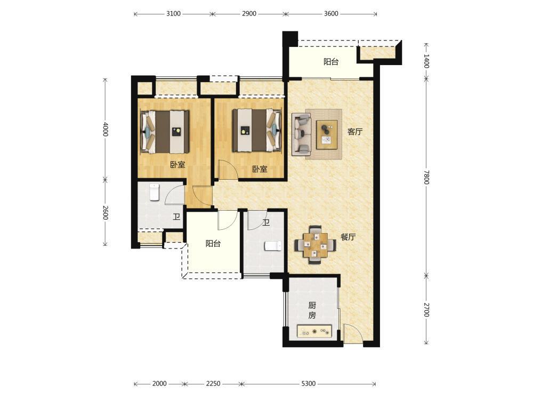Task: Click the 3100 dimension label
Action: tap(173, 14)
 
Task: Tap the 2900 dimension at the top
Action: tap(249, 14)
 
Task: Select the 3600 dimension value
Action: tap(331, 14)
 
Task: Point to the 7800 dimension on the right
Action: tap(426, 177)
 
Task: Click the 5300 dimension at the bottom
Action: tap(308, 383)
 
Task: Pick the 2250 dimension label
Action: tap(213, 383)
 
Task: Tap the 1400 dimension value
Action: tap(426, 61)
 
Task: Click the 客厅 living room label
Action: tap(355, 132)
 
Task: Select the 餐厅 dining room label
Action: tap(348, 237)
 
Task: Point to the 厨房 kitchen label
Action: tap(312, 310)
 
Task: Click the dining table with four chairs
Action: tap(315, 245)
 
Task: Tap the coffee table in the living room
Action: tap(327, 134)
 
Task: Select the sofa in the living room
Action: tap(302, 135)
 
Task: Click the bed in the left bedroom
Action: tap(165, 131)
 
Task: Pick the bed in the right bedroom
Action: tap(257, 130)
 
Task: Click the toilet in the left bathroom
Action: tap(155, 193)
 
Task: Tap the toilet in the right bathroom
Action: tap(273, 246)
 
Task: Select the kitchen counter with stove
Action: tap(314, 331)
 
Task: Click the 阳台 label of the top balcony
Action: tap(331, 61)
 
